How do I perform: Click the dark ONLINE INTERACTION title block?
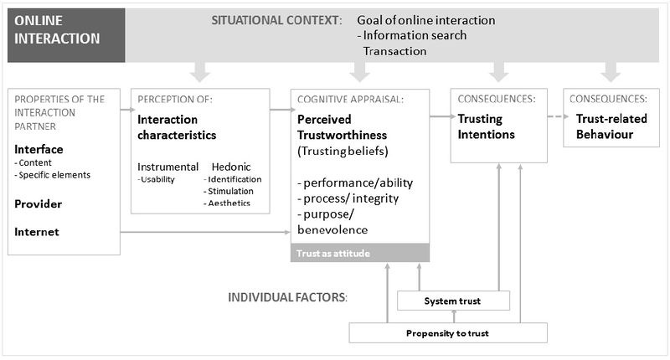[x=66, y=35]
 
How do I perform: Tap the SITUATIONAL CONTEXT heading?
[x=276, y=20]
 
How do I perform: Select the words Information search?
[x=415, y=35]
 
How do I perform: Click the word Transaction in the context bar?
[x=394, y=51]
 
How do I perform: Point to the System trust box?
[x=453, y=301]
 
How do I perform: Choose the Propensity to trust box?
[x=448, y=333]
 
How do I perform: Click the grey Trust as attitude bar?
[x=360, y=253]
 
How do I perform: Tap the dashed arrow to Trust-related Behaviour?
[x=558, y=116]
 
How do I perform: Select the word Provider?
[x=38, y=204]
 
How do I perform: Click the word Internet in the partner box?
[x=37, y=232]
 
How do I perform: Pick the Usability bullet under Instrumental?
[x=156, y=179]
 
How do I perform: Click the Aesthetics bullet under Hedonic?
[x=226, y=203]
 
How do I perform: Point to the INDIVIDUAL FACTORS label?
[x=287, y=297]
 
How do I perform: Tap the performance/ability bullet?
[x=355, y=183]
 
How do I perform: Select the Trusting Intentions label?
[x=487, y=126]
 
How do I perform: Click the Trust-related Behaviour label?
[x=611, y=126]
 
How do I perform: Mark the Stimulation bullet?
[x=228, y=192]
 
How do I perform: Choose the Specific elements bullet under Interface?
[x=53, y=175]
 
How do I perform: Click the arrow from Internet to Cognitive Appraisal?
[x=205, y=232]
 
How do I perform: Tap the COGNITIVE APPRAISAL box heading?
[x=350, y=100]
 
